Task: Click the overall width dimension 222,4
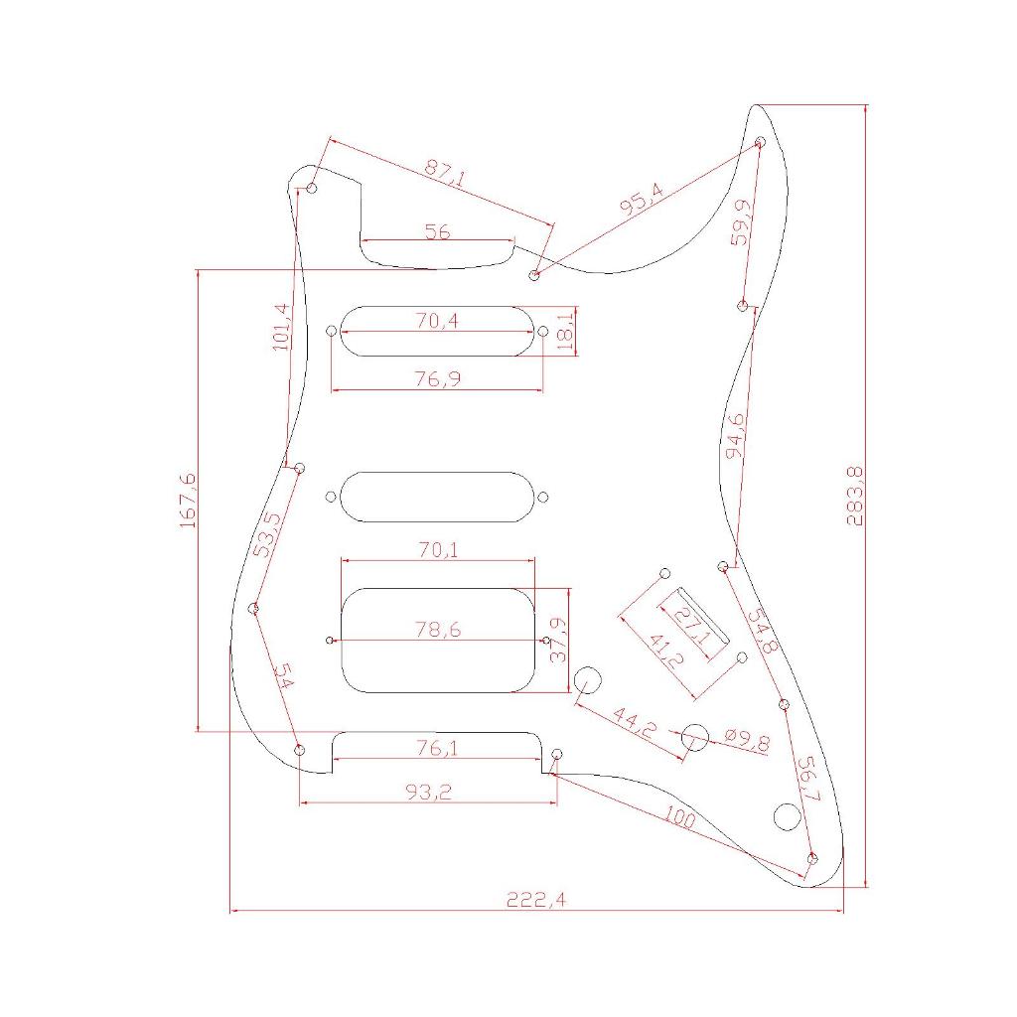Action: pyautogui.click(x=535, y=900)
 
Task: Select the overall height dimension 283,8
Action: pyautogui.click(x=855, y=496)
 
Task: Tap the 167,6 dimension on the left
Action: pyautogui.click(x=188, y=501)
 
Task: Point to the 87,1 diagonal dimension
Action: pyautogui.click(x=445, y=174)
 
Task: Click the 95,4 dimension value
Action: pyautogui.click(x=642, y=199)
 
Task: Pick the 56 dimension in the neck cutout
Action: pyautogui.click(x=437, y=230)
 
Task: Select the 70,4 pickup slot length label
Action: pyautogui.click(x=437, y=321)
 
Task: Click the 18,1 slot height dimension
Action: pyautogui.click(x=566, y=332)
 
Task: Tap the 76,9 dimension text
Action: pyautogui.click(x=438, y=378)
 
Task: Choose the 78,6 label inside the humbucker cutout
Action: pyautogui.click(x=438, y=629)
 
